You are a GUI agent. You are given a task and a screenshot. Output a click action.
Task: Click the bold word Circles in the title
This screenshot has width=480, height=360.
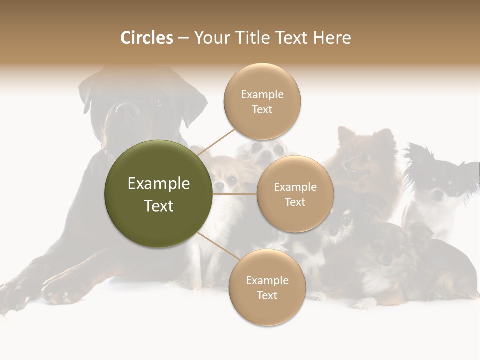pyautogui.click(x=146, y=38)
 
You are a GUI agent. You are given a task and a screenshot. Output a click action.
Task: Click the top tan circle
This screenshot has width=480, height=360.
pyautogui.click(x=262, y=102)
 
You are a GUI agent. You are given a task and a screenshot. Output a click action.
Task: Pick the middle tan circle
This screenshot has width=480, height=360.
pyautogui.click(x=295, y=194)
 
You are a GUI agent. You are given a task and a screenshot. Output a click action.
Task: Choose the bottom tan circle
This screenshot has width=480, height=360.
pyautogui.click(x=267, y=288)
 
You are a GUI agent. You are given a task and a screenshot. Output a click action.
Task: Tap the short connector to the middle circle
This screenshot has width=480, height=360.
pyautogui.click(x=235, y=194)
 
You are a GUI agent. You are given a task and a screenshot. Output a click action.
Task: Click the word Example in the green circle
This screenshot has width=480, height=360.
pyautogui.click(x=159, y=184)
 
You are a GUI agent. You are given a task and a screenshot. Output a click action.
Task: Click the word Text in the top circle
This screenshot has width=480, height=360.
pyautogui.click(x=262, y=110)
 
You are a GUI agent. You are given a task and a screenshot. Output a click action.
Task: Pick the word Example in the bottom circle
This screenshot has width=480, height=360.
pyautogui.click(x=267, y=280)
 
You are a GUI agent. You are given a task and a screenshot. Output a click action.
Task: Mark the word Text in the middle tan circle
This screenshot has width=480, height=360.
pyautogui.click(x=295, y=202)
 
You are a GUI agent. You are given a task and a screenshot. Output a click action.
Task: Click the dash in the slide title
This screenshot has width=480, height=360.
pyautogui.click(x=183, y=38)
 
